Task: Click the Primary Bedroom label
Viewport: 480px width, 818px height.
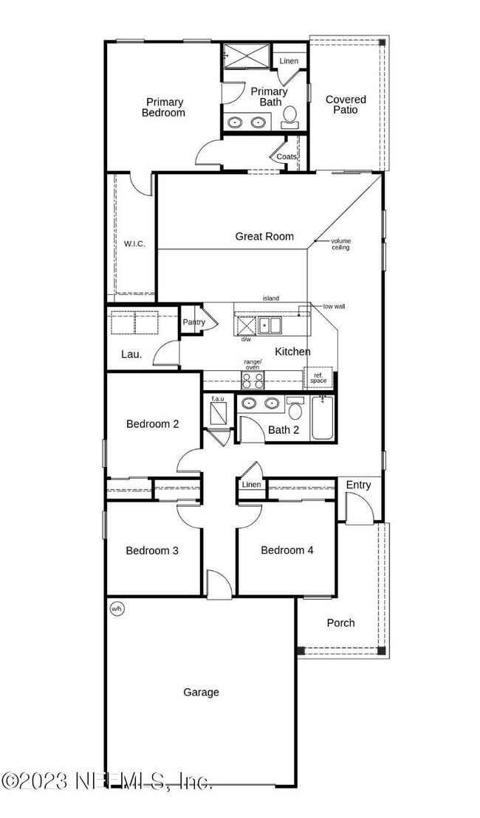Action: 164,108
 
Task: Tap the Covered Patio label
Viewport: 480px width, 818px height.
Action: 346,105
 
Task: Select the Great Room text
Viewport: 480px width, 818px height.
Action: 264,236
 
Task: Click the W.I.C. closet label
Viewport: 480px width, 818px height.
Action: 134,243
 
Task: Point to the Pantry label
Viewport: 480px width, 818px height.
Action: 194,322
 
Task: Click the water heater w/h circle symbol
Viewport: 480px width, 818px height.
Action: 116,609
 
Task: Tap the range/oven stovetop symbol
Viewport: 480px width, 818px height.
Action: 253,380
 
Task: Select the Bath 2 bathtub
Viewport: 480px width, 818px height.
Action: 323,419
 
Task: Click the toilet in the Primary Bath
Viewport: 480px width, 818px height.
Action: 290,115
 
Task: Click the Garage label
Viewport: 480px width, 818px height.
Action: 201,692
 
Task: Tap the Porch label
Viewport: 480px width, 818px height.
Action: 340,623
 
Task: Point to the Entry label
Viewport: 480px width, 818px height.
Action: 358,485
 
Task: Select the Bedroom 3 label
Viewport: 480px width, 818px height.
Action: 152,550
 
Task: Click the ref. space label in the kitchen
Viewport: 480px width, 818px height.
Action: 318,378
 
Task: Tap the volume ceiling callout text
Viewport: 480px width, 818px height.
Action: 340,244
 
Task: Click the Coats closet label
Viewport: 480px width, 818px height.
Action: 287,156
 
